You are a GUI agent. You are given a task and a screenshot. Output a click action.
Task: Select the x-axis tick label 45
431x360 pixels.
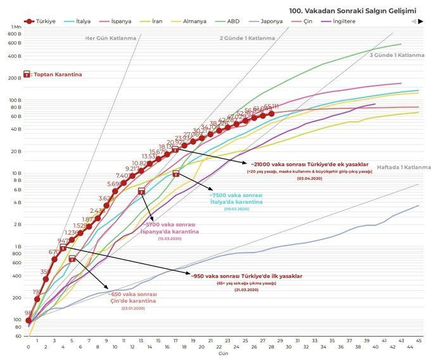[419, 347]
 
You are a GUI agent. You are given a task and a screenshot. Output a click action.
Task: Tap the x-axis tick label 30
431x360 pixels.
[288, 347]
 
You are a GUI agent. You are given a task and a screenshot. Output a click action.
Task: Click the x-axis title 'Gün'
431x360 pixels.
[223, 354]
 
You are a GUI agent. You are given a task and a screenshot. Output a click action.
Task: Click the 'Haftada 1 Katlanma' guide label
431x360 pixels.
[404, 167]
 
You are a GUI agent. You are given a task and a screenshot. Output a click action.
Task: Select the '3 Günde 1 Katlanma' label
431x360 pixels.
[397, 55]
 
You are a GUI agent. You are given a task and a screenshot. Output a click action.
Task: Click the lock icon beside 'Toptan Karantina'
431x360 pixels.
[27, 74]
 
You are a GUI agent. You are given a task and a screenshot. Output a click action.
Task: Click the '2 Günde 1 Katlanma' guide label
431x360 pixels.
[247, 38]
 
